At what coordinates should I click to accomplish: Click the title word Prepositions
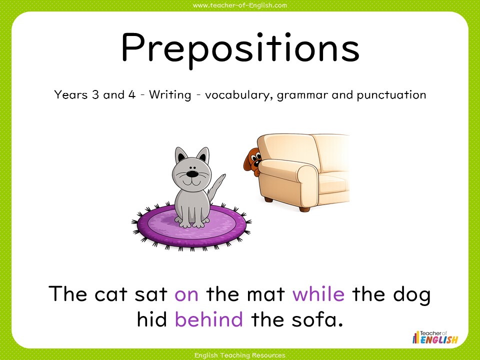(x=240, y=48)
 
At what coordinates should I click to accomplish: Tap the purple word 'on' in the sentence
(x=186, y=294)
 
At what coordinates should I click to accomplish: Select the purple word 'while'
(x=318, y=294)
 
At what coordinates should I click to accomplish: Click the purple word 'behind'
(x=209, y=318)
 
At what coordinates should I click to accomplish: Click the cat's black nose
(x=191, y=174)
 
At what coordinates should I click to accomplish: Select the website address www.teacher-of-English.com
(x=240, y=5)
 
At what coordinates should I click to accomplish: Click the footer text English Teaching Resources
(x=240, y=355)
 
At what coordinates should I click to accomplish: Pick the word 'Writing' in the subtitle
(x=170, y=95)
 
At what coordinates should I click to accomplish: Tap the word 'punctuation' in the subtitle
(x=391, y=95)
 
